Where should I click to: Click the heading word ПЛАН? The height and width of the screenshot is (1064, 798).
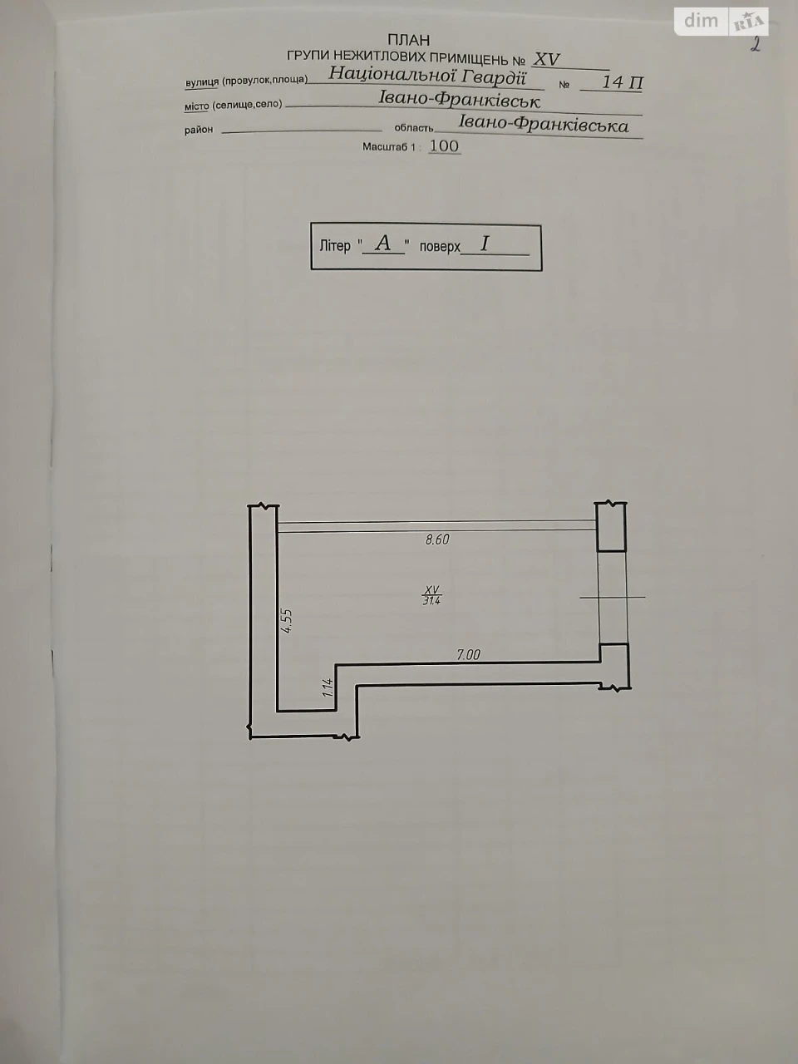[408, 40]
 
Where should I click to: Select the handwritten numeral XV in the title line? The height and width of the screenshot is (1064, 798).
[546, 60]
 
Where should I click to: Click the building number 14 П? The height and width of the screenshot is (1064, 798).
[622, 82]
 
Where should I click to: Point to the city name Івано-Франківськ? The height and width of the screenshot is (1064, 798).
[460, 100]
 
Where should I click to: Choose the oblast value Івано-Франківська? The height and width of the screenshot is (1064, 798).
[543, 124]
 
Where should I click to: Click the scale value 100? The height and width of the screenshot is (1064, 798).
[444, 146]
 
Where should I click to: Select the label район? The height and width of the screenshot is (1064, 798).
[199, 130]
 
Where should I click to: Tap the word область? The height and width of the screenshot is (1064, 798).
[414, 128]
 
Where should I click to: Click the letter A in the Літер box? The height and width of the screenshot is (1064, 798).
[382, 243]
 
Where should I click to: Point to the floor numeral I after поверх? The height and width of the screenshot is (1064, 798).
[485, 244]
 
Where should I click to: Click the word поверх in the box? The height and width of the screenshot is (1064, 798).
[440, 247]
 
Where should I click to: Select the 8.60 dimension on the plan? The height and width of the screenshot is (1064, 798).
[437, 539]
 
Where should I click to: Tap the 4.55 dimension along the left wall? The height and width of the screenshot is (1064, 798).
[287, 621]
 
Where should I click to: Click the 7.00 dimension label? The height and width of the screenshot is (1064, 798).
[468, 655]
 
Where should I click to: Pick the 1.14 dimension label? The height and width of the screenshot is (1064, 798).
[328, 687]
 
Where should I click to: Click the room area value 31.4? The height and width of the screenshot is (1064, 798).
[431, 601]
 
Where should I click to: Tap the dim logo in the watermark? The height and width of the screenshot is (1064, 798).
[701, 21]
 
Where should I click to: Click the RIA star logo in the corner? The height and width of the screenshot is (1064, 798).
[749, 22]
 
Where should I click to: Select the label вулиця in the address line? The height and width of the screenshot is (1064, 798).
[202, 82]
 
